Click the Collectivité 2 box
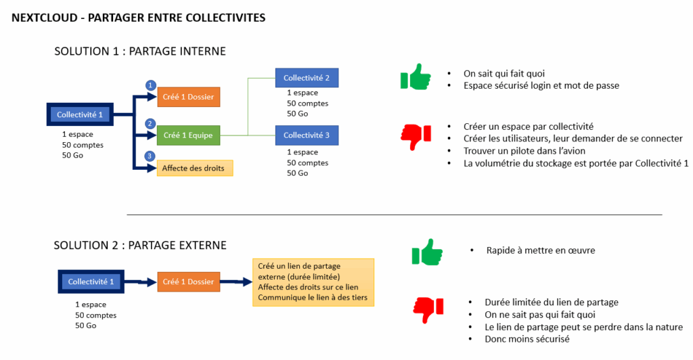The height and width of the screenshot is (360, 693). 307,78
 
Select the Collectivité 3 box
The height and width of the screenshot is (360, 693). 307,135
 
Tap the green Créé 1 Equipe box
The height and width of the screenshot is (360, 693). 188,135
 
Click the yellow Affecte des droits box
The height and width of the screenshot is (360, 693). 195,168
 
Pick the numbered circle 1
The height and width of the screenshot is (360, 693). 151,85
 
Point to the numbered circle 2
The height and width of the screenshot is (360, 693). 151,124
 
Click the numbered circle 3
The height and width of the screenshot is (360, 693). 151,156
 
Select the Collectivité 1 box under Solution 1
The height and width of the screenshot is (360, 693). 80,115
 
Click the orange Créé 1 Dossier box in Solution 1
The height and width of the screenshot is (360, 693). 188,97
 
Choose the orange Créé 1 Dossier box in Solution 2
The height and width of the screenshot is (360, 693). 188,282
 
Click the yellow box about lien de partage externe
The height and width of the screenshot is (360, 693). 313,282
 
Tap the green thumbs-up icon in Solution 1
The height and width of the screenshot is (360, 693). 416,77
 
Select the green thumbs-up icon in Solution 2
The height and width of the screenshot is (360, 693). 427,253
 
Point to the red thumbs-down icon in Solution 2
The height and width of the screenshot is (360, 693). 428,310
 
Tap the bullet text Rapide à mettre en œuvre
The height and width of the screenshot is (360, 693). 540,250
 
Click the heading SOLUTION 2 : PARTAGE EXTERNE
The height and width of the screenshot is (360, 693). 140,245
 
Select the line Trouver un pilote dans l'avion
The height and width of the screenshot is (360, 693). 524,151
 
